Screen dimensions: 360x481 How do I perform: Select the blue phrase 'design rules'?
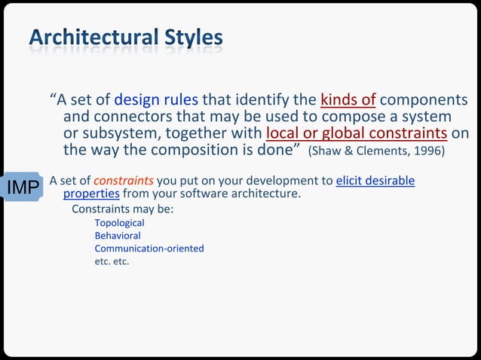point(156,100)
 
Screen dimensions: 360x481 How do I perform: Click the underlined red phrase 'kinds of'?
point(348,100)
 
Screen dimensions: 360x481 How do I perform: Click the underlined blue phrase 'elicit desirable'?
point(375,181)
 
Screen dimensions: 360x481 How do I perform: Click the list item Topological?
point(119,223)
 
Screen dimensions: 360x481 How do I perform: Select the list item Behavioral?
point(117,236)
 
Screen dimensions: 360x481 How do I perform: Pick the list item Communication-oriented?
point(149,249)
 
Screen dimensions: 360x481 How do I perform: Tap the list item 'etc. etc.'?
point(112,261)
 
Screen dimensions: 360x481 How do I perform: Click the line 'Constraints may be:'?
point(122,209)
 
